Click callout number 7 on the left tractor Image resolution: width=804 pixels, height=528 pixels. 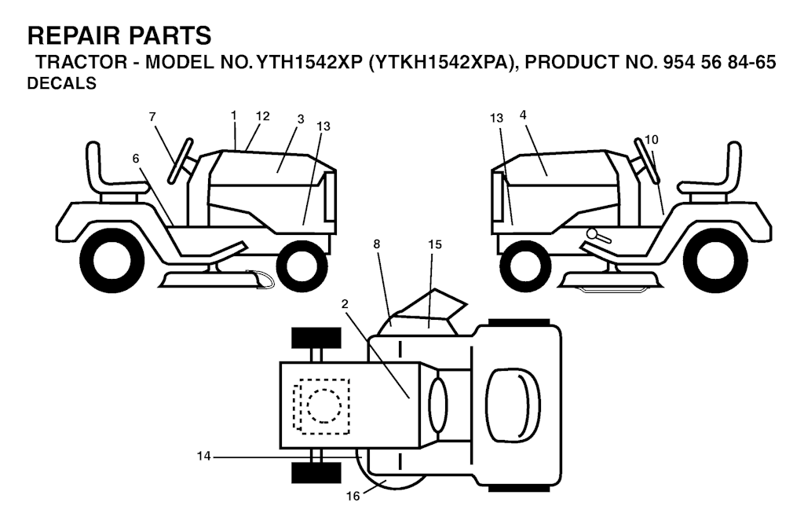(x=152, y=117)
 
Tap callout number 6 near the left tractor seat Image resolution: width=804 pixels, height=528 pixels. (x=136, y=159)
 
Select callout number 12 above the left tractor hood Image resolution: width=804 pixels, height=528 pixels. (x=262, y=116)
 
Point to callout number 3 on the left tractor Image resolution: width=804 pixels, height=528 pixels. (x=301, y=119)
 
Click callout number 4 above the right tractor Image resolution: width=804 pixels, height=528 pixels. (x=523, y=115)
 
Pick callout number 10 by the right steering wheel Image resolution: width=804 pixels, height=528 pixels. (x=652, y=140)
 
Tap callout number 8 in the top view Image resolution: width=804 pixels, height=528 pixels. (x=377, y=244)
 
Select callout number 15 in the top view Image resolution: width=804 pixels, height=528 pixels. (x=435, y=244)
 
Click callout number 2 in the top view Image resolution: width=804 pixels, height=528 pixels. (x=345, y=304)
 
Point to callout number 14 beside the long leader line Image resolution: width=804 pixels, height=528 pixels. (x=203, y=456)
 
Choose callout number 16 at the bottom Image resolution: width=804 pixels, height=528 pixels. (x=353, y=497)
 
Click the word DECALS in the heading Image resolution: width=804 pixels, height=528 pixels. (x=61, y=83)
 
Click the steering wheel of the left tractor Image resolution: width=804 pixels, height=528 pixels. (x=181, y=160)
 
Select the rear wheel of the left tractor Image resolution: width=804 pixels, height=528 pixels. (x=119, y=260)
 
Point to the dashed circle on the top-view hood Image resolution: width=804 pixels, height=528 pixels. (x=324, y=405)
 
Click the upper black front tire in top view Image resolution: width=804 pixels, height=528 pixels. (x=316, y=338)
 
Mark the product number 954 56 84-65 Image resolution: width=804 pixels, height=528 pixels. (x=719, y=62)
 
